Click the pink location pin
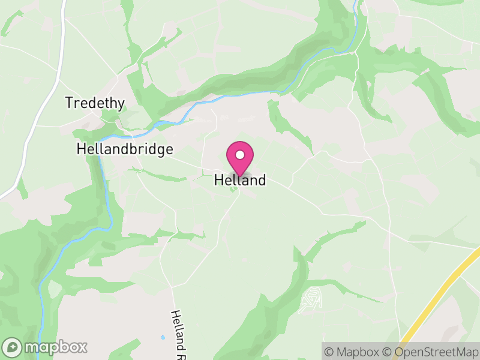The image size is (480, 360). coord(240,157)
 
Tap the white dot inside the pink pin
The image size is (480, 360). coord(240,155)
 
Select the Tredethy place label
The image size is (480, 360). coord(95,103)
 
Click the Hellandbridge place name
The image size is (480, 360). coord(125,149)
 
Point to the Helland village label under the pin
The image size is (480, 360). coord(240,180)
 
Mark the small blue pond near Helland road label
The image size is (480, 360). coord(162,337)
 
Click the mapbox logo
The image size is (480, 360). coord(46,347)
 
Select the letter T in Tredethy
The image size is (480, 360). coord(69,103)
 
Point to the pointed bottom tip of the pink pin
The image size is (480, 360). coord(240,176)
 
